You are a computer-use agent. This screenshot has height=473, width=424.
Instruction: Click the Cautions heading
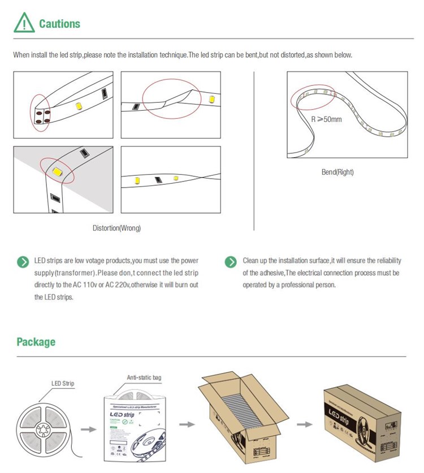click(59, 24)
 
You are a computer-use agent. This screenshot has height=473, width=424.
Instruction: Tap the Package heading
click(36, 342)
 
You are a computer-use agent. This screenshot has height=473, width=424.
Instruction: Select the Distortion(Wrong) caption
click(116, 228)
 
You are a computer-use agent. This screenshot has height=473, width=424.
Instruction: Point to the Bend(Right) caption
click(338, 172)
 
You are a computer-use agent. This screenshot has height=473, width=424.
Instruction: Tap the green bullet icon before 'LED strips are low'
click(23, 262)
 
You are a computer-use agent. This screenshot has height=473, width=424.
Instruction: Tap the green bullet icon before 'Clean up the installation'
click(231, 262)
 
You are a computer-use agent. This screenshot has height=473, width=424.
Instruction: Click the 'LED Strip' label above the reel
click(63, 384)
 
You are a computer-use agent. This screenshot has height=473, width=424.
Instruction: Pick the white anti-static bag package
click(136, 428)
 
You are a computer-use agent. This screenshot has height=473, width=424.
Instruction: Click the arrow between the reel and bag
click(88, 429)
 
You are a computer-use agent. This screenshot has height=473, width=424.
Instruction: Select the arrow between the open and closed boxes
click(305, 424)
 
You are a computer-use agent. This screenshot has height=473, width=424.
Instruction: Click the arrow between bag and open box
click(185, 424)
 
